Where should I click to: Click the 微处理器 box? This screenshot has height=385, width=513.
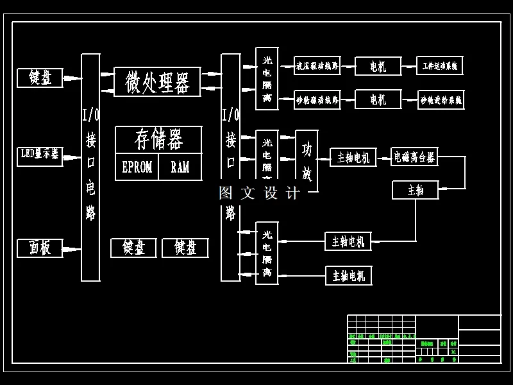point(157,82)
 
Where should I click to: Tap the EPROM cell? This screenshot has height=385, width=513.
point(137,167)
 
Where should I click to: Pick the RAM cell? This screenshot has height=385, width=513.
point(180,167)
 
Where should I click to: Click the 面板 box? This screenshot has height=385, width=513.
point(40,248)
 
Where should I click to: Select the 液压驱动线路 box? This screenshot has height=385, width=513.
point(317,65)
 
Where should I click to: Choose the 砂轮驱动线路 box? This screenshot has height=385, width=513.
point(317,99)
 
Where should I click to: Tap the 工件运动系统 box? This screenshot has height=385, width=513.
point(439,65)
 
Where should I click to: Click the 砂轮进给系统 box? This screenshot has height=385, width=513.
point(441,99)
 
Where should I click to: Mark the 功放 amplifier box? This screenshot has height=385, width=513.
point(307,160)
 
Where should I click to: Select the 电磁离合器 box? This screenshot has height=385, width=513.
point(414,157)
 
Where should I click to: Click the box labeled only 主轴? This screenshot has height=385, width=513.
point(416,190)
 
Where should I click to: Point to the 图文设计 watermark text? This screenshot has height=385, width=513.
point(259,193)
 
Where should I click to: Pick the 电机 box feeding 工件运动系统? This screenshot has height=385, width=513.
point(378,65)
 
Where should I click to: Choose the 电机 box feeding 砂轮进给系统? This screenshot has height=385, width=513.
point(378,99)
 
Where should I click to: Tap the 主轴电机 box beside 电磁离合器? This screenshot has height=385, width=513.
point(353,157)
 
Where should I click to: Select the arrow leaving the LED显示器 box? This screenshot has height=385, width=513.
point(72,157)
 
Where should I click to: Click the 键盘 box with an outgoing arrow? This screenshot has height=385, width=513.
point(40,78)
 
